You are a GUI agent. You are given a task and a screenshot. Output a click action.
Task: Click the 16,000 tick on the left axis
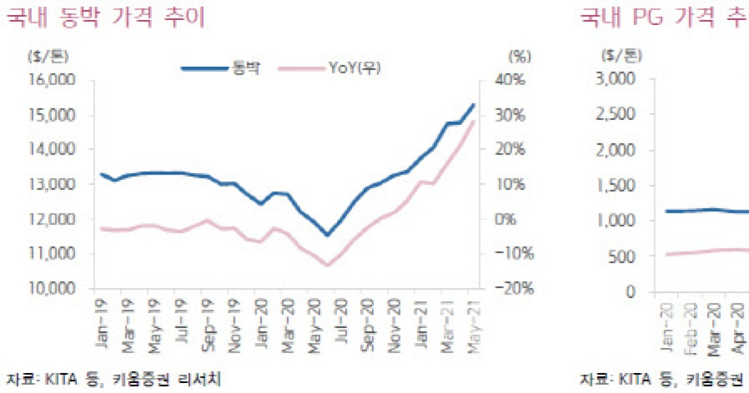(52, 80)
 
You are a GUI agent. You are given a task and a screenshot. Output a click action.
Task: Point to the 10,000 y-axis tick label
(52, 289)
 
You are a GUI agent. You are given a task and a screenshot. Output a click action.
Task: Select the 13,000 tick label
(52, 185)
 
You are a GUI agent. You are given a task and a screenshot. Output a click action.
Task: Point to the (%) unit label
(519, 56)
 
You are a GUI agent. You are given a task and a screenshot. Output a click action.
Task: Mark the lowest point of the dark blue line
(327, 235)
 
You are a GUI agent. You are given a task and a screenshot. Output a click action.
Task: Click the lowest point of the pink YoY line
(327, 264)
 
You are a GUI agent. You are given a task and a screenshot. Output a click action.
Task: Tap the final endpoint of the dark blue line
(474, 105)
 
